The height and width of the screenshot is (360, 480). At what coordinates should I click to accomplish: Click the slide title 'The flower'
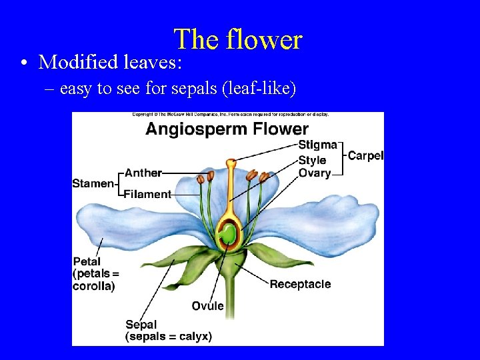tap(238, 40)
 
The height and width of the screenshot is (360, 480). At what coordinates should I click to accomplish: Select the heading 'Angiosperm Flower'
tap(227, 129)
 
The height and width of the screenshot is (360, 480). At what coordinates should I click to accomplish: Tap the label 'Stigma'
tap(317, 145)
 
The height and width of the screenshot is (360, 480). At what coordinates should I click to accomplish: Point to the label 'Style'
tap(312, 160)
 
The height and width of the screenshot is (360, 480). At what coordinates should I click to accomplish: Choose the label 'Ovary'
tap(315, 173)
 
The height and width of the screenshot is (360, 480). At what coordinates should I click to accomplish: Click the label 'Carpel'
tap(365, 156)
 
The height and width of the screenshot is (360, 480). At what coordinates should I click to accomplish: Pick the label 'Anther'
tap(143, 173)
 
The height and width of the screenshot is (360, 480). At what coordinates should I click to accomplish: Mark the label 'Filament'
tap(148, 195)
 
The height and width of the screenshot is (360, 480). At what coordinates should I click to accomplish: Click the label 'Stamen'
tap(93, 183)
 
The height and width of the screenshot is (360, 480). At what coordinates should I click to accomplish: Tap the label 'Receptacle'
tap(300, 285)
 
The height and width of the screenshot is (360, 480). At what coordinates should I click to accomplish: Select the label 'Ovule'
tap(208, 306)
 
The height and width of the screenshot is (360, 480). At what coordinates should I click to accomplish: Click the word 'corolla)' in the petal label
tap(93, 287)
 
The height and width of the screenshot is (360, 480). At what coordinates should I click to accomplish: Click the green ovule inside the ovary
tap(228, 234)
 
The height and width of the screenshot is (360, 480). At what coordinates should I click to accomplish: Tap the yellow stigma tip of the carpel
tap(231, 162)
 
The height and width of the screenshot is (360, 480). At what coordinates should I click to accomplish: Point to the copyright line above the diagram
tap(230, 115)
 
